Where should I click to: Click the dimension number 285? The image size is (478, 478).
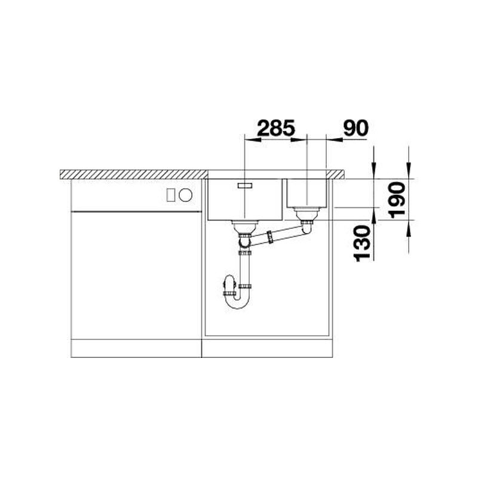[276, 128]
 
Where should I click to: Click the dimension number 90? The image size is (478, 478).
[356, 128]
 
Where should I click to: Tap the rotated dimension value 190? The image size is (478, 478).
[397, 200]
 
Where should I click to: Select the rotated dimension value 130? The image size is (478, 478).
[362, 243]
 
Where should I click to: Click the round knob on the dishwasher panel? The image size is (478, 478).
[186, 195]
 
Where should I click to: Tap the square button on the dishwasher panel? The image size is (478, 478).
[171, 195]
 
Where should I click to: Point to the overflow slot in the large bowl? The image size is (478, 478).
[245, 185]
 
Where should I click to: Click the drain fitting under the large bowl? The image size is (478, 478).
[245, 226]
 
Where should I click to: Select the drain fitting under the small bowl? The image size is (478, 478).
[306, 214]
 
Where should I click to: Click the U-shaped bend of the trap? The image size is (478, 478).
[237, 302]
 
